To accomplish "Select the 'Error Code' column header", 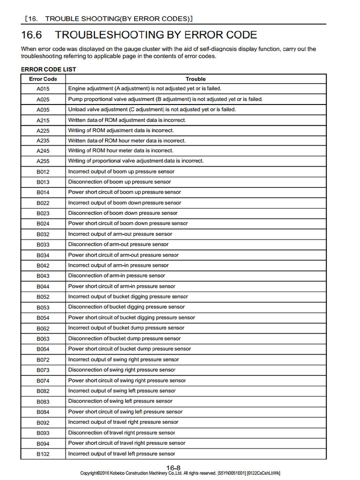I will [x=43, y=79].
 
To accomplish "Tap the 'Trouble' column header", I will [x=195, y=79].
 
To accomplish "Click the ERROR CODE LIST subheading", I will [x=48, y=69].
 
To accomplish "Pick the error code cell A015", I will [x=43, y=89].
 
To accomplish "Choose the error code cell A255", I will [x=43, y=161].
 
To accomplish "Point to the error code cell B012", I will [x=43, y=172].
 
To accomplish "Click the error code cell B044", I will [x=43, y=286].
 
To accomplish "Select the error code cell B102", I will [x=43, y=454].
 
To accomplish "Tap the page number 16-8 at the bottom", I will [x=173, y=467].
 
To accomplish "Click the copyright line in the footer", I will [x=180, y=473].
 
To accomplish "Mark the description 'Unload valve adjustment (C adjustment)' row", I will [x=152, y=109].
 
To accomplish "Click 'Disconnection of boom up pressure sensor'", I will [x=120, y=182].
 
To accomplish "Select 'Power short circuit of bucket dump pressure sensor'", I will [x=129, y=349].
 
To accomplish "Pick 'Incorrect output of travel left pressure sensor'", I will [x=121, y=454].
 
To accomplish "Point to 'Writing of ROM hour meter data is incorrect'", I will [x=120, y=150].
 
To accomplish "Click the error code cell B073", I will [x=43, y=370].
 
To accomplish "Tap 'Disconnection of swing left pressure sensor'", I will [x=120, y=401].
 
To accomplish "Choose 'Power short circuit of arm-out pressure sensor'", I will [x=123, y=255].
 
